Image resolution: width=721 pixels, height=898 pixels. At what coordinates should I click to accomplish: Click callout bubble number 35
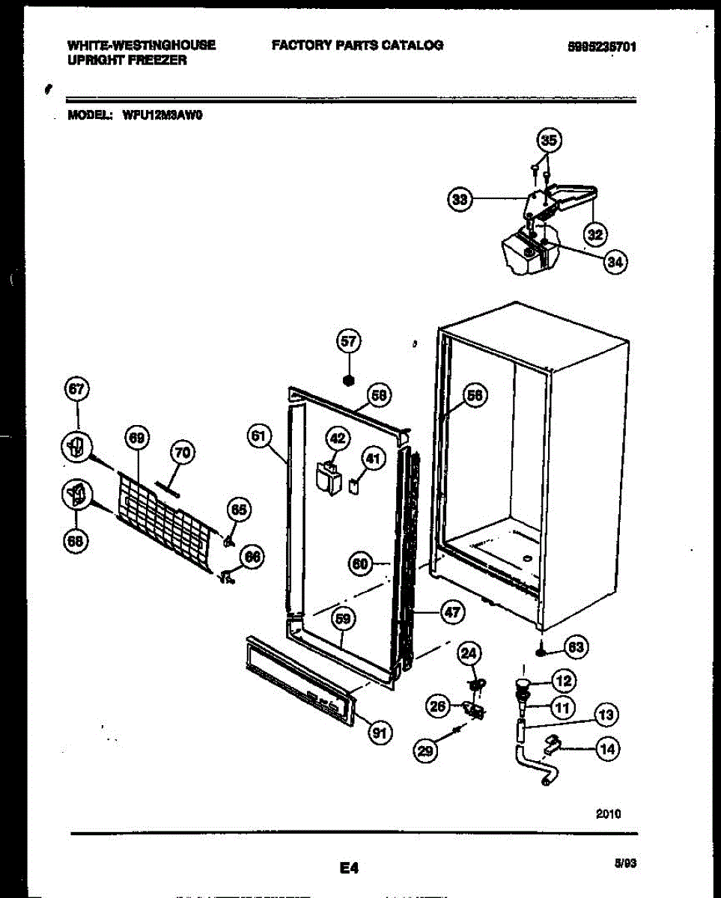[550, 141]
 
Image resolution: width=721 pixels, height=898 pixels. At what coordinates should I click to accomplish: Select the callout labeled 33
[460, 199]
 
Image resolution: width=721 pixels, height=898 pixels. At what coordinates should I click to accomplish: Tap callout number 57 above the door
[348, 341]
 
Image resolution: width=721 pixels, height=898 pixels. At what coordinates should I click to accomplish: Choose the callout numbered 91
[380, 733]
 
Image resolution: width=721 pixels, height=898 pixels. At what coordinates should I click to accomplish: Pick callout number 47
[451, 612]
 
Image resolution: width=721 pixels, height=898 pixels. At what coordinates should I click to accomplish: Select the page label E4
[349, 868]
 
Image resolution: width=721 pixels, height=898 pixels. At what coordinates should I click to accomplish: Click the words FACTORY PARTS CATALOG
[357, 45]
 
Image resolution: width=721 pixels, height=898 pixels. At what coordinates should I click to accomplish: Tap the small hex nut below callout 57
[348, 379]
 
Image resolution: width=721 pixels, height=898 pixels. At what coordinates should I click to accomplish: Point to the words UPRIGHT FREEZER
[127, 60]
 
